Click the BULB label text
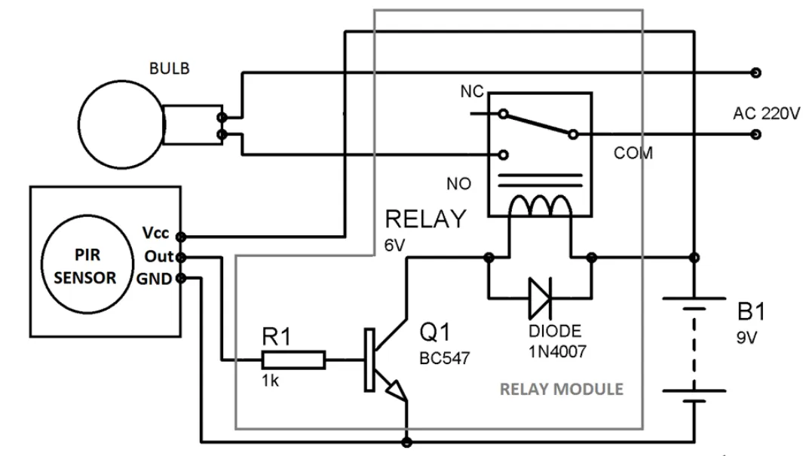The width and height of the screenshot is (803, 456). [x=170, y=68]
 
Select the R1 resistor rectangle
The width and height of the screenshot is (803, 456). [x=293, y=360]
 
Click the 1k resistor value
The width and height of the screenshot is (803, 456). [x=271, y=381]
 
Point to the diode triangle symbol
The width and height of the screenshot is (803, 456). [x=540, y=298]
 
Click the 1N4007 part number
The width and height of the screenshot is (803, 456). [x=557, y=351]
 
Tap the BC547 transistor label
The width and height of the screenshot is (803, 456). [x=445, y=358]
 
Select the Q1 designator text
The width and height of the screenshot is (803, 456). [x=435, y=332]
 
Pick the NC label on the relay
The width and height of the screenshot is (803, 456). [x=472, y=92]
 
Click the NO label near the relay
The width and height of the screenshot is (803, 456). [x=459, y=184]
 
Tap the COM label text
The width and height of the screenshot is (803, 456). [x=633, y=153]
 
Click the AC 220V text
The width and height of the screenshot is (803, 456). [x=766, y=113]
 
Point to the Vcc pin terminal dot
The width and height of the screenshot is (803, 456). [x=181, y=237]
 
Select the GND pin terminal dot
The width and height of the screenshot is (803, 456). [x=181, y=278]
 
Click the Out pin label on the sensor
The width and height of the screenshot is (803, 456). [x=159, y=256]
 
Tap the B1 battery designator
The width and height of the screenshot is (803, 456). [x=751, y=312]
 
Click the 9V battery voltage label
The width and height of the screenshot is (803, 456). [x=746, y=338]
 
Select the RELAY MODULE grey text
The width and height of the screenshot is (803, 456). [x=561, y=390]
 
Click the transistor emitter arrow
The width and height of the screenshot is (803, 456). [x=396, y=390]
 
